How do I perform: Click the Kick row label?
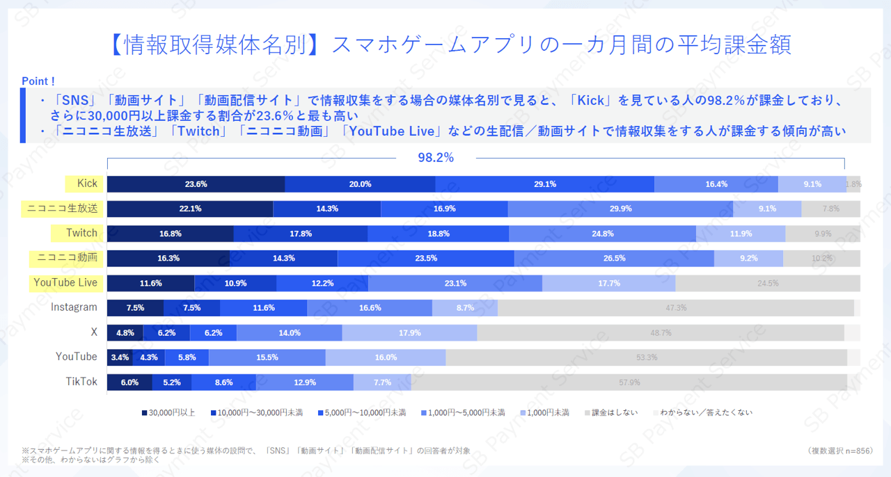tap(87, 184)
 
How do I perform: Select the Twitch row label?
tap(81, 233)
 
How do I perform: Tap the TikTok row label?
tap(81, 382)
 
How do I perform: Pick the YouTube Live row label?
tap(65, 283)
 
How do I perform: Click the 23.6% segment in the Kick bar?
tap(196, 184)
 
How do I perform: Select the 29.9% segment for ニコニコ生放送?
tap(620, 209)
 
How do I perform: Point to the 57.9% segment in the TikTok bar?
tap(629, 382)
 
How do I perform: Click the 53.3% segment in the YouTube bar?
tap(646, 357)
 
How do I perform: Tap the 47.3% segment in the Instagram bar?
tap(676, 308)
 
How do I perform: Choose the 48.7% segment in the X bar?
tap(661, 333)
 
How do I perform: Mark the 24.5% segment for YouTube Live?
tap(767, 283)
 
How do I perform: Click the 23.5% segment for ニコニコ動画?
tap(425, 258)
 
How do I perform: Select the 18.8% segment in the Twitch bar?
tap(438, 234)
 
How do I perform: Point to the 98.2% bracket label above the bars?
tap(435, 158)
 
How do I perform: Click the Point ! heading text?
tap(39, 81)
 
